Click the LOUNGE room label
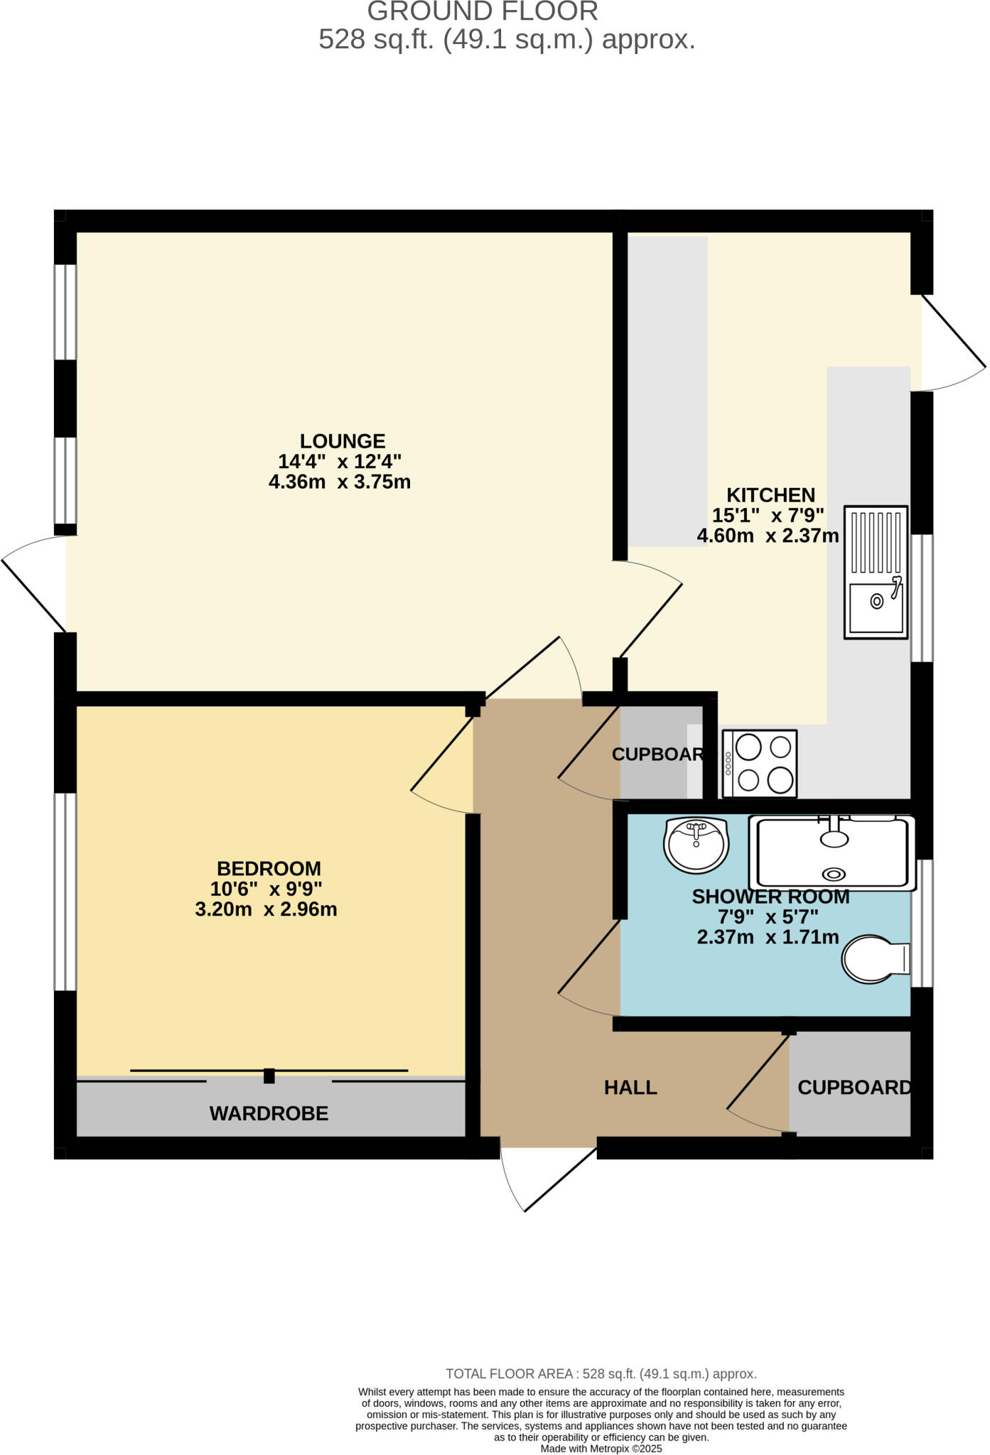tap(342, 440)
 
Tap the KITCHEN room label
tap(770, 494)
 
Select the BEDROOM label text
tap(269, 868)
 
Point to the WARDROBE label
tap(269, 1113)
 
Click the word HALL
tap(630, 1087)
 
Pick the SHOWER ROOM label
tap(770, 897)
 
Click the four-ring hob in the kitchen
tap(760, 764)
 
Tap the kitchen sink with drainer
tap(876, 572)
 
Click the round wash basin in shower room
tap(696, 845)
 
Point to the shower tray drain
tap(834, 875)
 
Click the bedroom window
tap(65, 891)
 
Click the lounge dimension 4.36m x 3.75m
tap(339, 482)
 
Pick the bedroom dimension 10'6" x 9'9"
tap(266, 889)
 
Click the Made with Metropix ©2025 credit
tap(601, 1448)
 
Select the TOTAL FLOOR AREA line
tap(601, 1374)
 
